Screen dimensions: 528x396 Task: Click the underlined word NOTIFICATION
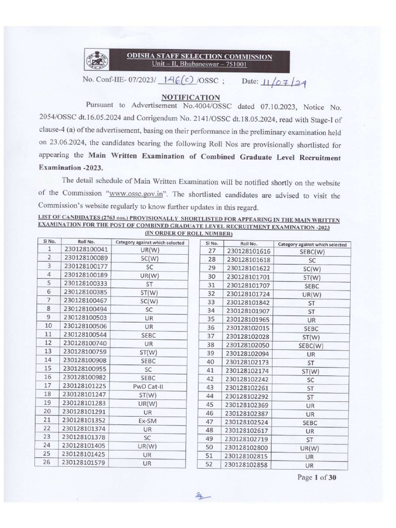(x=191, y=97)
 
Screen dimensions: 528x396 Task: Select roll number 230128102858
(x=249, y=465)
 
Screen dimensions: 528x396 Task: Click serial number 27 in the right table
(x=210, y=251)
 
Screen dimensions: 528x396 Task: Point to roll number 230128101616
(x=249, y=251)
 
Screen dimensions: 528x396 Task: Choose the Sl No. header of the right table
(x=211, y=243)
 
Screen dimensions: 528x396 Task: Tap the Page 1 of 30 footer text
(x=317, y=477)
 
